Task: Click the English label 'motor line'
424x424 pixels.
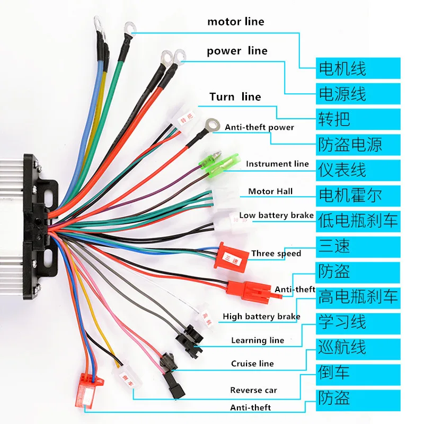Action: coord(235,22)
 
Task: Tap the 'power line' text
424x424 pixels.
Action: coord(237,51)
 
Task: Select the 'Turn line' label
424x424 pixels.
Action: coord(235,96)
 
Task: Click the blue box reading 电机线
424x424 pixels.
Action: coord(358,68)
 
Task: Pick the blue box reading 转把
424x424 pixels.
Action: coord(358,119)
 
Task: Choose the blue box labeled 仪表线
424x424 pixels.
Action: coord(358,170)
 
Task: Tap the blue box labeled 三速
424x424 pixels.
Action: coord(358,247)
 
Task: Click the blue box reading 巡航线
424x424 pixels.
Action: coord(358,349)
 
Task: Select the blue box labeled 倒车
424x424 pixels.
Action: coord(358,375)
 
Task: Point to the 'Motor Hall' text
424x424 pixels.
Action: coord(270,191)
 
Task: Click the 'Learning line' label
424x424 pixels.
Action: coord(258,340)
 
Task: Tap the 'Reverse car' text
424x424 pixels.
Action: coord(254,390)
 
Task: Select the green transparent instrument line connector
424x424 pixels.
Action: coord(219,165)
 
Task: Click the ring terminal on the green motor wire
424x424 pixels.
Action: coord(130,29)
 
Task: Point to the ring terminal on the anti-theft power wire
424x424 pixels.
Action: coord(213,125)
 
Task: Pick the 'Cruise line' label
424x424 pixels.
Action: coord(252,364)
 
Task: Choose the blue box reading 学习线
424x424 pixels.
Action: coord(358,324)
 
